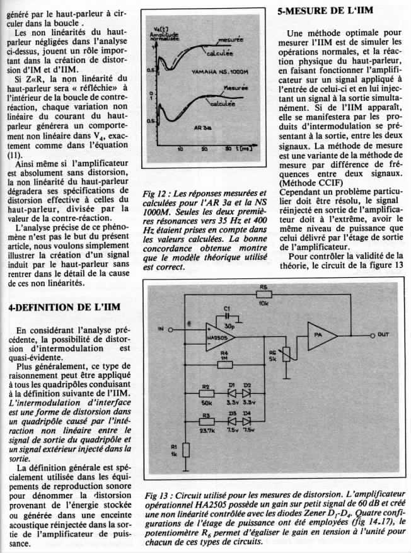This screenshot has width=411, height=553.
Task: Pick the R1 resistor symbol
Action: point(185,450)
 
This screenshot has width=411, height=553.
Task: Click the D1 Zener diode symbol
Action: point(232,392)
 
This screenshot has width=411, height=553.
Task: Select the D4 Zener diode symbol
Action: point(247,421)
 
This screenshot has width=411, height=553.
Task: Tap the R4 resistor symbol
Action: point(224,364)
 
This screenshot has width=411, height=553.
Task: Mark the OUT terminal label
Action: point(383,335)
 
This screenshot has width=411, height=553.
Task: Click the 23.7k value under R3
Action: point(207,430)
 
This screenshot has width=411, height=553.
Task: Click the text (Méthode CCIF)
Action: point(310,183)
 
